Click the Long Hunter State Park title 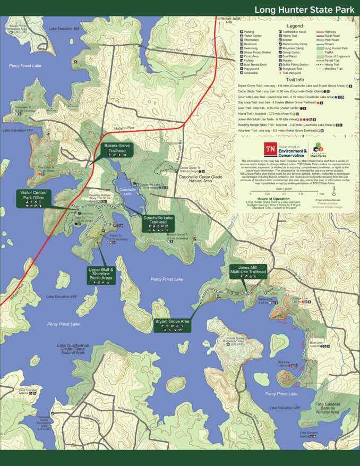point(303,10)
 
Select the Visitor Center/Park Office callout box point(33,197)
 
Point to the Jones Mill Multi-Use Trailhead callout point(247,272)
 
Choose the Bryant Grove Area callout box point(172,325)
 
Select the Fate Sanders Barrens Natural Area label point(328,409)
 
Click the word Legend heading point(295,26)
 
